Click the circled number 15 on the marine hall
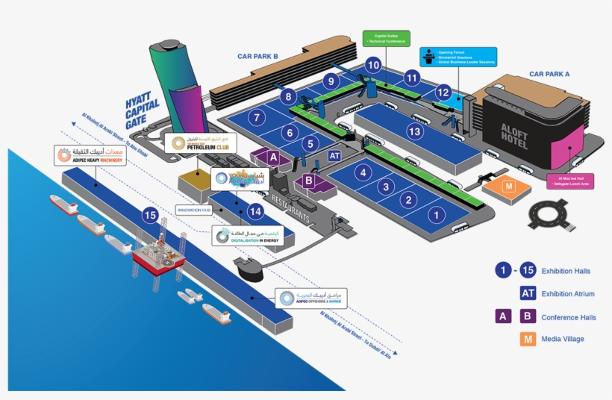[x=150, y=216]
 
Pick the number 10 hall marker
[x=374, y=66]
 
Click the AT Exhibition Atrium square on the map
[x=335, y=155]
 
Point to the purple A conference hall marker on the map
[x=273, y=157]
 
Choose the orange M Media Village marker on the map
[x=509, y=186]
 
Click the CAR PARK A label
[x=549, y=74]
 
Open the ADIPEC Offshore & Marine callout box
[x=311, y=299]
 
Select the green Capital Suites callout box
[x=385, y=39]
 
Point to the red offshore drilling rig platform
[x=157, y=257]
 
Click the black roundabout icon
[x=552, y=216]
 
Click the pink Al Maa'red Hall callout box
[x=570, y=181]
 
